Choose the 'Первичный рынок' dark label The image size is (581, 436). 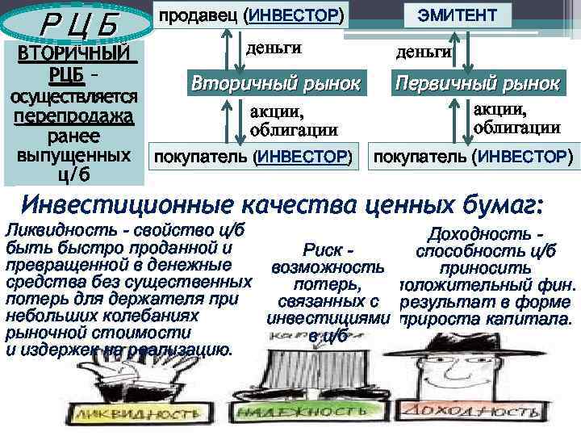tap(477, 83)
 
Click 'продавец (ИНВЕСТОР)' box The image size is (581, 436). tap(249, 15)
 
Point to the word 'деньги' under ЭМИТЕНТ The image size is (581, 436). tap(423, 52)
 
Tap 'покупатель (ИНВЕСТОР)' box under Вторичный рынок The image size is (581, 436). tap(253, 155)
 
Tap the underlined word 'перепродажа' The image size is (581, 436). tap(73, 116)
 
